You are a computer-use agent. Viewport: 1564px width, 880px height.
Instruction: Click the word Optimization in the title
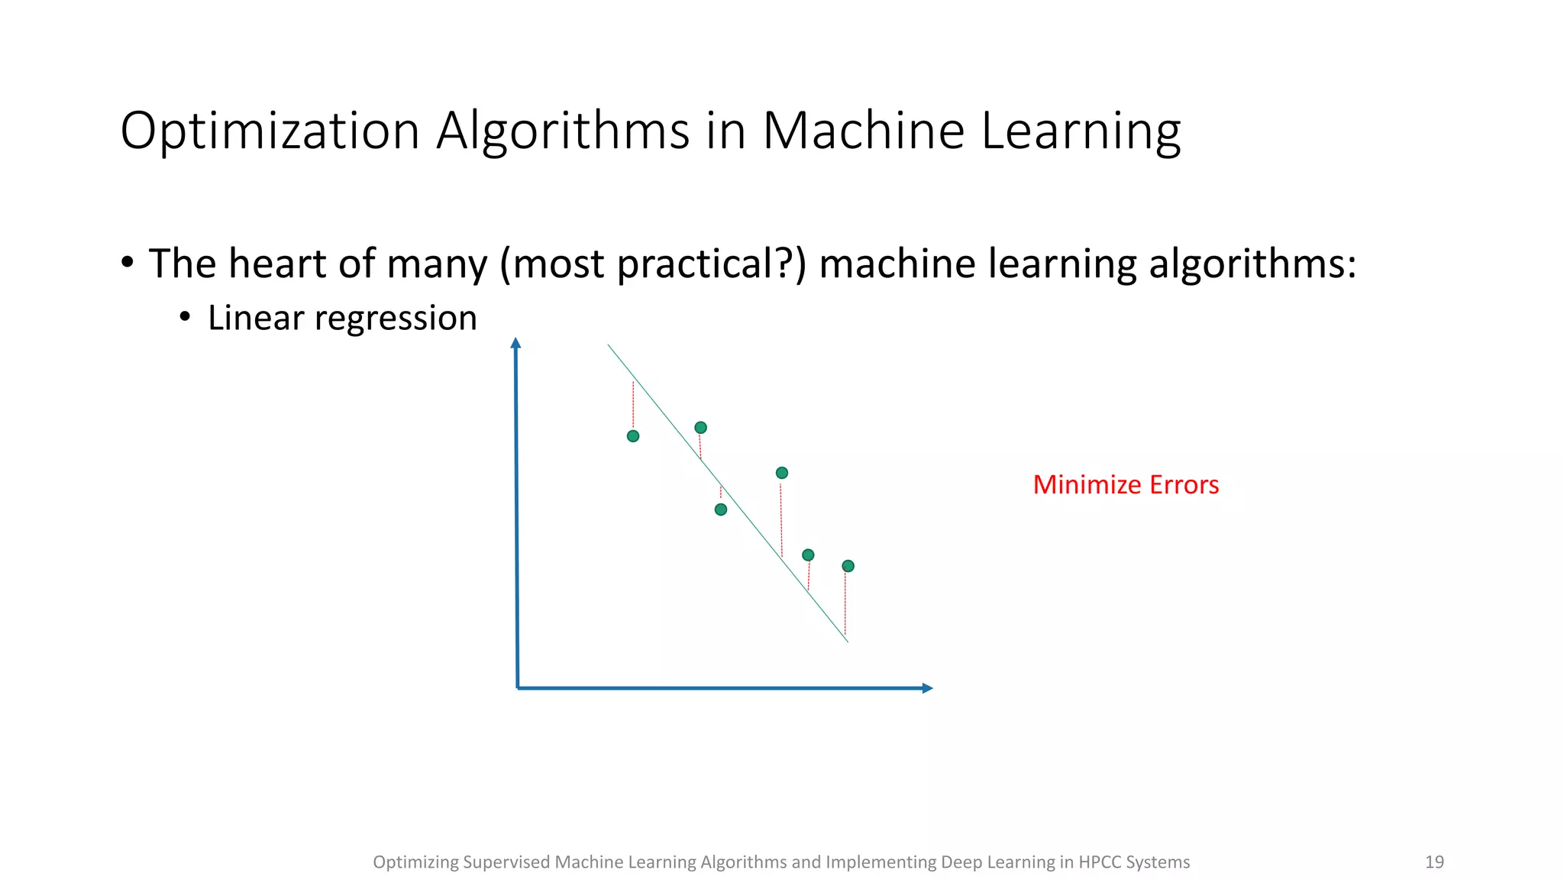[270, 131]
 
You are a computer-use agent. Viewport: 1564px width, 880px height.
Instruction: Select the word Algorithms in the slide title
[564, 131]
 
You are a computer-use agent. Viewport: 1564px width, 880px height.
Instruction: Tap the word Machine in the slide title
[864, 131]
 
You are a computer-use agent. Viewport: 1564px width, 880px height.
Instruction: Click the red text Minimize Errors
[1126, 485]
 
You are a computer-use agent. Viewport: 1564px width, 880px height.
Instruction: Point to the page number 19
[1434, 862]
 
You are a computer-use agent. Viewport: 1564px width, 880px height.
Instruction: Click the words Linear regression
[342, 318]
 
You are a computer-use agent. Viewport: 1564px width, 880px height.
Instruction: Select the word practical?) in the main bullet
[711, 264]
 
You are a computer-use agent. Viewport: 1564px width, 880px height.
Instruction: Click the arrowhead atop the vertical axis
[515, 343]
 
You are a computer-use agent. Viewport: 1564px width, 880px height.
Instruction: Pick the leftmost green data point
[633, 436]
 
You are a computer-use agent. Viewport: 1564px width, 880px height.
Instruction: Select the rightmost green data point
[848, 566]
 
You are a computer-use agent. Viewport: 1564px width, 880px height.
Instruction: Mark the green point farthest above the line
[781, 473]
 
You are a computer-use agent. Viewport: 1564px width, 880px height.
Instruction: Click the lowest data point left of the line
[721, 510]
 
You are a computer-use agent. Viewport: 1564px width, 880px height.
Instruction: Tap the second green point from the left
[700, 428]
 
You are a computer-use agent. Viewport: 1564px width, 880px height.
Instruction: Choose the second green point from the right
[808, 555]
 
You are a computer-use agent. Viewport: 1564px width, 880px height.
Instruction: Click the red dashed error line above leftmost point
[633, 405]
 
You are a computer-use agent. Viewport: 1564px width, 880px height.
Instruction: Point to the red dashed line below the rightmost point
[845, 603]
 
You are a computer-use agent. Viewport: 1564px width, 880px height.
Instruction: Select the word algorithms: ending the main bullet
[1252, 264]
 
